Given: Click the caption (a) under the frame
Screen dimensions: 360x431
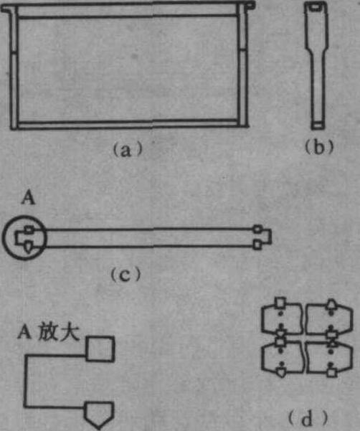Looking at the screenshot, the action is (x=128, y=150).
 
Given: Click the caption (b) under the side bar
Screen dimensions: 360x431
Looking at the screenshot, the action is (x=319, y=147).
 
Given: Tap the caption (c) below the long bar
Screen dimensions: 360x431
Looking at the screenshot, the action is (x=126, y=275).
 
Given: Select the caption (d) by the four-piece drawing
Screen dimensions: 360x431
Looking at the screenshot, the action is (x=308, y=417).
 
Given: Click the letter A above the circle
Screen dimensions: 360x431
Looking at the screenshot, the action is (x=29, y=197).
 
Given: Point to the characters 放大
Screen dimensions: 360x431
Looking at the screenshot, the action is (x=59, y=331).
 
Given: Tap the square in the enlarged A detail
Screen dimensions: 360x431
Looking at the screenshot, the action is (x=100, y=349).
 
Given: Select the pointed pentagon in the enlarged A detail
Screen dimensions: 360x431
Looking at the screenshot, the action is (x=99, y=415).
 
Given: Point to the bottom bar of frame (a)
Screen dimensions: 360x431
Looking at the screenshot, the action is (x=128, y=124).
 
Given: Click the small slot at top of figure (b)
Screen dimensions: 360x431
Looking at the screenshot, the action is (x=316, y=6).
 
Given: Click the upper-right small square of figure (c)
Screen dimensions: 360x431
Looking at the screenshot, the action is (x=257, y=229).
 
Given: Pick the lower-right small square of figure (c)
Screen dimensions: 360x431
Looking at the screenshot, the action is (x=257, y=245).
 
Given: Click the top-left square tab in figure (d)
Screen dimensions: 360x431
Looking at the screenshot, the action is (x=280, y=303).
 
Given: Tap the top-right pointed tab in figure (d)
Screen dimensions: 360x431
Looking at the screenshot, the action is (x=331, y=304).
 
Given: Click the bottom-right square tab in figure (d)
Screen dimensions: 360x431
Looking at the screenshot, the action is (x=332, y=372).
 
